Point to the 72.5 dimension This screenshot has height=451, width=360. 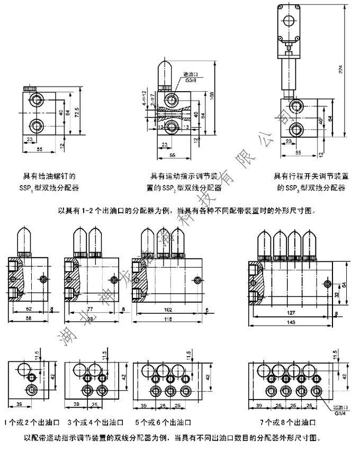77,112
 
